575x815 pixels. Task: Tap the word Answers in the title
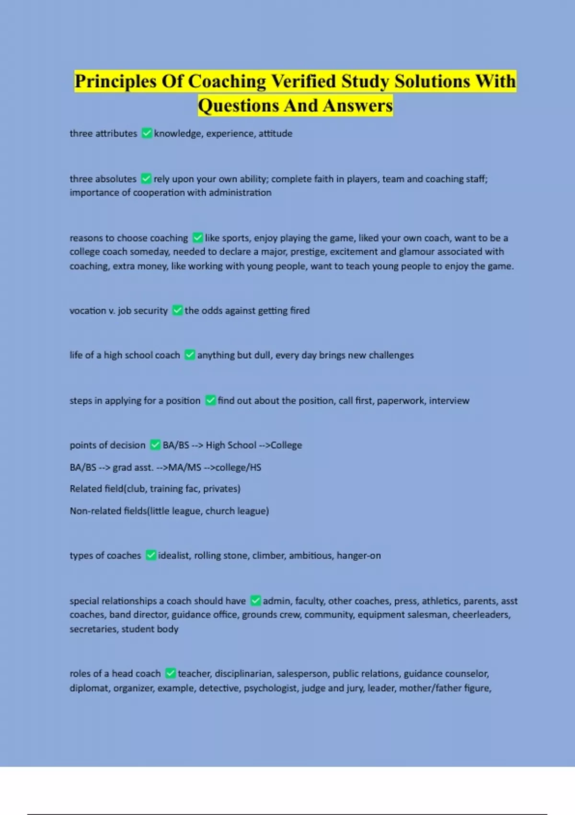[x=357, y=105]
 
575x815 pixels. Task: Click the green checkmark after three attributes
[x=147, y=133]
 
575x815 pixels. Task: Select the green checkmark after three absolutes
[x=146, y=179]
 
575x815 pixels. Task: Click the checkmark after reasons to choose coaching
[x=197, y=238]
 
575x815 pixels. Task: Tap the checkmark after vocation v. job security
[x=177, y=311]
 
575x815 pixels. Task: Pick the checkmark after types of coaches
[x=151, y=556]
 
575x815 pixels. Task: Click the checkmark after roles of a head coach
[x=170, y=674]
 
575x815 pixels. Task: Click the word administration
[x=240, y=193]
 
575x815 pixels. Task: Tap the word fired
[x=300, y=311]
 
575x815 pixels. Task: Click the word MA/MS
[x=184, y=467]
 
